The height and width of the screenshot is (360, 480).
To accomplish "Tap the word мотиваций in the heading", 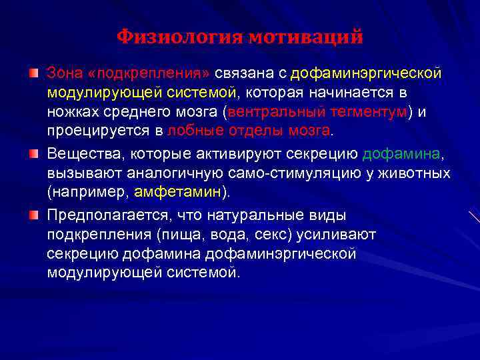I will point(306,37).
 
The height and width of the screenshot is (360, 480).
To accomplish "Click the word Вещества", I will point(83,155).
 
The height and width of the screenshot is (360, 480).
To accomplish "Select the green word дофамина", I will point(401,155).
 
